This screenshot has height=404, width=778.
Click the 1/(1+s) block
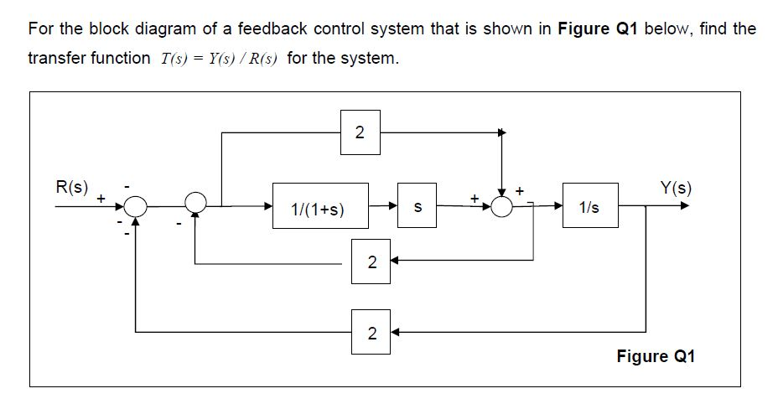click(x=319, y=205)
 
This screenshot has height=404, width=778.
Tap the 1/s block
click(x=589, y=205)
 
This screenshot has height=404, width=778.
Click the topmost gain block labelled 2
click(x=360, y=132)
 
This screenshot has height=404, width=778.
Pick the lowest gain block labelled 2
click(x=370, y=332)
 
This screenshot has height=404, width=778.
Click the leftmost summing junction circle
click(x=136, y=204)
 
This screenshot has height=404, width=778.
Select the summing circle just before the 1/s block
click(x=501, y=205)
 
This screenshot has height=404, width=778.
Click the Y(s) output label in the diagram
click(x=676, y=186)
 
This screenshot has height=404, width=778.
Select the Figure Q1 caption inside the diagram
click(x=656, y=356)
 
